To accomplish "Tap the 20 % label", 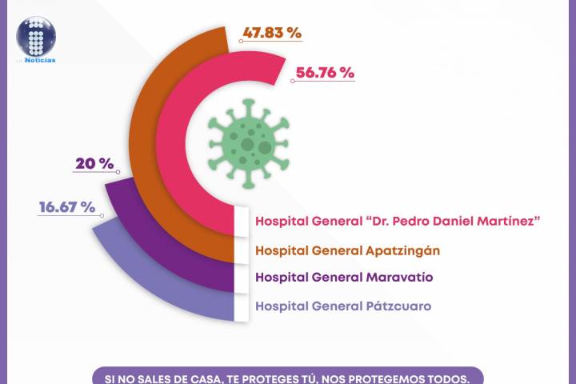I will tap(94, 163).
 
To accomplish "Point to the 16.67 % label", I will tap(66, 207).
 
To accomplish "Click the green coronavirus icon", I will tap(246, 144).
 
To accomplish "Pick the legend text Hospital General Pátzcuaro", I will tap(343, 306).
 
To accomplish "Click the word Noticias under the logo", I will tap(40, 60).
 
